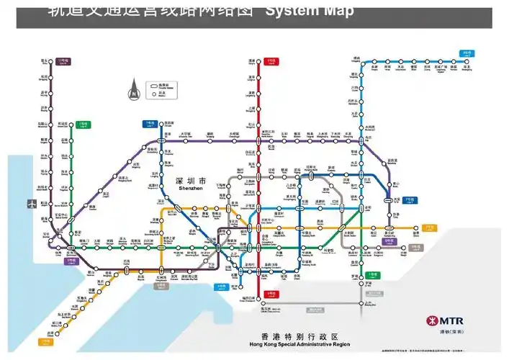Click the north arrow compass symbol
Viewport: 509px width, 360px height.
133,92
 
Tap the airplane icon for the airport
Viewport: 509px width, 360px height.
32,203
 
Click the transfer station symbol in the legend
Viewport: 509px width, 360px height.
154,85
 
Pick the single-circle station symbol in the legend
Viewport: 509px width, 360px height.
154,94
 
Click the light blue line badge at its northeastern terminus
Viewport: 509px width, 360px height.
467,53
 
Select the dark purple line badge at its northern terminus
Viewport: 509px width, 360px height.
63,61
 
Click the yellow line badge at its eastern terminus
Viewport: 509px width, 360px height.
430,227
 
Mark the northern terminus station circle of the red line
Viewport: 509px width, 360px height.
252,62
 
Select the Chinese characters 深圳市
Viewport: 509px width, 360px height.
191,181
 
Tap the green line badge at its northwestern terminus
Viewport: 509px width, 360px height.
84,124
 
